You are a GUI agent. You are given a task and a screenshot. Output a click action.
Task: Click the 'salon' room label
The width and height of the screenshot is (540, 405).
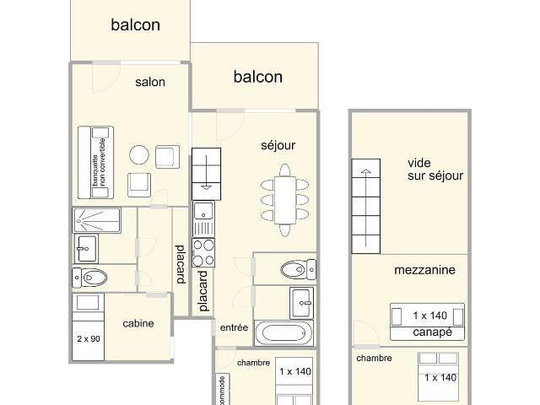coord(150,82)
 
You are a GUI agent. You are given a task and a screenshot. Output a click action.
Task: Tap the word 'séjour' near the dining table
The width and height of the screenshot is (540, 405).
coord(278,145)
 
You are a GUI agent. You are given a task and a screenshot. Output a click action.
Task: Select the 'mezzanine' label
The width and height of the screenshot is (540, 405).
coord(424,270)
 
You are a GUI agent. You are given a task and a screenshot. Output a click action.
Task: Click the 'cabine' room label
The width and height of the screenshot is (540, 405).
coord(138,323)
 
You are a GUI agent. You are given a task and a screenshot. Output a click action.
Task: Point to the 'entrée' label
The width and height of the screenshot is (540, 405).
coord(234,327)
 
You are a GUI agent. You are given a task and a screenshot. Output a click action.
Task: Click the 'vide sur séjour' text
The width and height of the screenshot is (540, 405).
coord(435,169)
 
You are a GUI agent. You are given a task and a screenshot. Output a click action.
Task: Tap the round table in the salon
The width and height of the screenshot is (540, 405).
coord(139,155)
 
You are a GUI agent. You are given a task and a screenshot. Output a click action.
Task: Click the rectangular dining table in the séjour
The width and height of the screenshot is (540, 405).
coord(285,200)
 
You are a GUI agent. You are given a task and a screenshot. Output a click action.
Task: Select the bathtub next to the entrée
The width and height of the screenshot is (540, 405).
coord(284,333)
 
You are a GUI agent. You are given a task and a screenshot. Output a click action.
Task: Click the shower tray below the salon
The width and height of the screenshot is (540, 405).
coord(97,219)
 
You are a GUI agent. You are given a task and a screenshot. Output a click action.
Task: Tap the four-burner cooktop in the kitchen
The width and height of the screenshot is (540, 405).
coord(203,253)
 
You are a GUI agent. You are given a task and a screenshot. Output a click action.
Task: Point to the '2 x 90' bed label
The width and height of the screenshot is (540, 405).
coord(89,339)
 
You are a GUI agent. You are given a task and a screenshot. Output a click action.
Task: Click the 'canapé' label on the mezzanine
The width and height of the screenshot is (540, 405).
coord(432,332)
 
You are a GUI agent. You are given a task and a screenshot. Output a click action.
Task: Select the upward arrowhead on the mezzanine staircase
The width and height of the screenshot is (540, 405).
coord(365,171)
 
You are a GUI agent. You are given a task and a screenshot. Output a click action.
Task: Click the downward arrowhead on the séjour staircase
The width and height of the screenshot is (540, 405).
coord(206,187)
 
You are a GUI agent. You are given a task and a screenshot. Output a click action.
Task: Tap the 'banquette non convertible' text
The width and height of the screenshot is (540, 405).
coord(99,162)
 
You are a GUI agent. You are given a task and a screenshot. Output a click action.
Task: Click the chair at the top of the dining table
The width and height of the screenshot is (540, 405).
coord(285,170)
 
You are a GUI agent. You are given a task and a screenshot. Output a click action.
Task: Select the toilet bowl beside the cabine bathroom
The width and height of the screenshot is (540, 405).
coord(90,278)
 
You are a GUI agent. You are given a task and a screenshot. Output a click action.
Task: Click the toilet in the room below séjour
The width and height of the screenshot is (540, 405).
coord(298,269)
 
